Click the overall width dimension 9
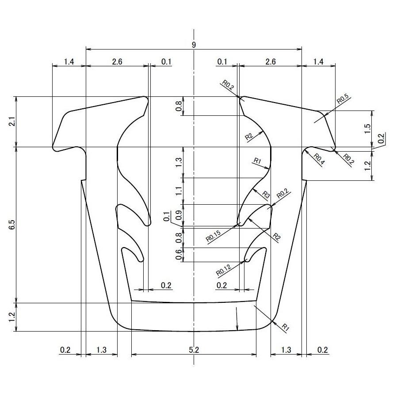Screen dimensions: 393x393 click(x=194, y=45)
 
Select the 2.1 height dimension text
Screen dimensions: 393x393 click(x=12, y=122)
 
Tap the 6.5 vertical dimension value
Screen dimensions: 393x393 click(x=12, y=225)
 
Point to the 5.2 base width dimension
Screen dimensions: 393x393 click(x=194, y=350)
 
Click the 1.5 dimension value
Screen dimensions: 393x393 click(x=367, y=129)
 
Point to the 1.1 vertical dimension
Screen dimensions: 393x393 click(x=179, y=191)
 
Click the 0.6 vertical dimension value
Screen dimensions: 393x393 click(x=179, y=255)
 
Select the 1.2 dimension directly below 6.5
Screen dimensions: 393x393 click(x=12, y=317)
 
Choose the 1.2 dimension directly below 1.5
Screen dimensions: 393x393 click(x=367, y=166)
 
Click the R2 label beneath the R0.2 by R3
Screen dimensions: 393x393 click(x=277, y=237)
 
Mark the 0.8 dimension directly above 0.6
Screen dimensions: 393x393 click(x=179, y=237)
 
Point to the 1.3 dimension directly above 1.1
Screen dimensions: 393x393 click(x=179, y=162)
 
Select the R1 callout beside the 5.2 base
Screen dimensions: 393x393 click(x=286, y=327)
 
